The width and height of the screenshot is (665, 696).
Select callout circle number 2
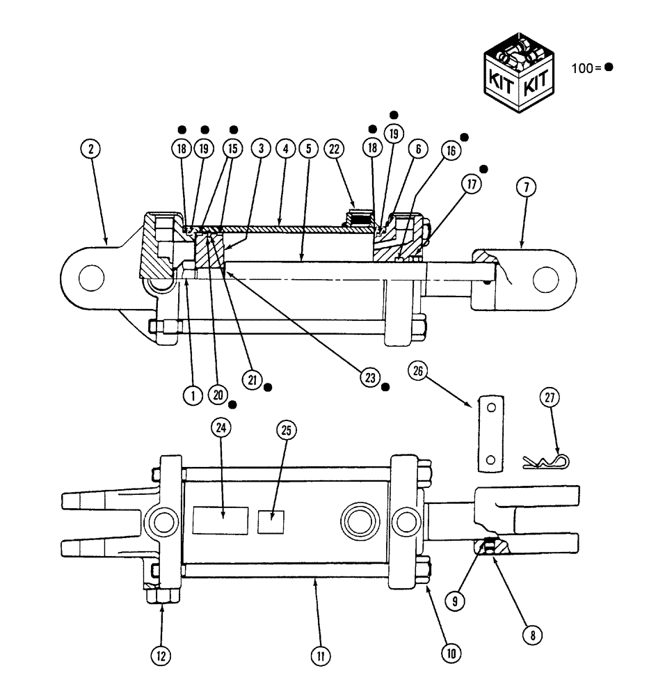(x=91, y=148)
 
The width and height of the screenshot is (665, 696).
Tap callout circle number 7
(x=527, y=186)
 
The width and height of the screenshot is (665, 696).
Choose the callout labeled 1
(x=191, y=395)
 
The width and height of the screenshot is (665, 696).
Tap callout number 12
(x=161, y=654)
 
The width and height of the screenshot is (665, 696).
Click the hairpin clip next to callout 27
(x=545, y=460)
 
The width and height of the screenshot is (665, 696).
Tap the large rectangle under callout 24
(x=221, y=520)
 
